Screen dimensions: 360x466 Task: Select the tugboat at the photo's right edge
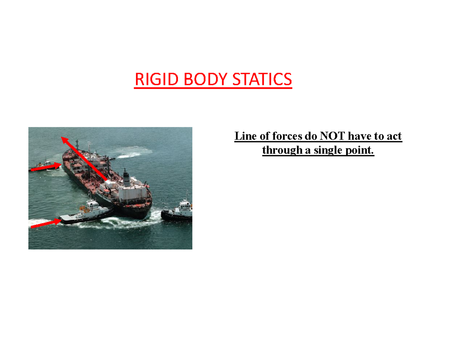pos(178,213)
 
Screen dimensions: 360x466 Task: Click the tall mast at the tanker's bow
pos(77,146)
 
